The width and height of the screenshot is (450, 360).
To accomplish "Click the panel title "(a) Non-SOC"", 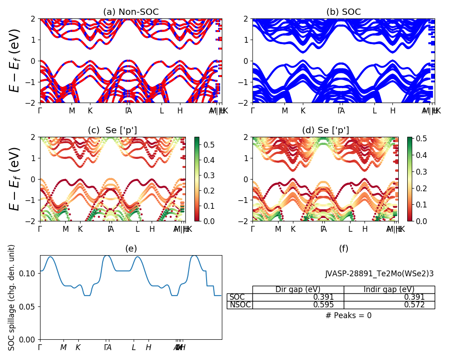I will pos(131,12).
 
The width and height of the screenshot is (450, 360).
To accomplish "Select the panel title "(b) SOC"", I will pos(343,12).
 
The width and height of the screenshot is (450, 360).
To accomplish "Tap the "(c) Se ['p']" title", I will pos(112,130).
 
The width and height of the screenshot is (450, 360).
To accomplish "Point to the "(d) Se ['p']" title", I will pos(325,130).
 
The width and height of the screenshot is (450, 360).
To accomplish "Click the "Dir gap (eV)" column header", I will pos(298,289).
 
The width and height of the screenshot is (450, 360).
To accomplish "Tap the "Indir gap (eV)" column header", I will pos(389,289).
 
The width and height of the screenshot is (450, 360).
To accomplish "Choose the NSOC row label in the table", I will pos(240,305).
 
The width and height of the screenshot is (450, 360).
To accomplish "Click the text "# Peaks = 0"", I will pos(348,315).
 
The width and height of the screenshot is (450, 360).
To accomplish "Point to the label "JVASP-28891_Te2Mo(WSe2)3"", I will pos(379,274).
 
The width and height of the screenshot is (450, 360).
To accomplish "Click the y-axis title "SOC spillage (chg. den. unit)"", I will pos(12,297).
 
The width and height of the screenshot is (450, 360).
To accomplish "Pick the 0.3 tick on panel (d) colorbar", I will pos(419,172).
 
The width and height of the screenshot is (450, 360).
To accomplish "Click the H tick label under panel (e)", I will pos(148,347).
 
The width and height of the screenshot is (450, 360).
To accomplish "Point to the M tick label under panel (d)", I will pos(278,229).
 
